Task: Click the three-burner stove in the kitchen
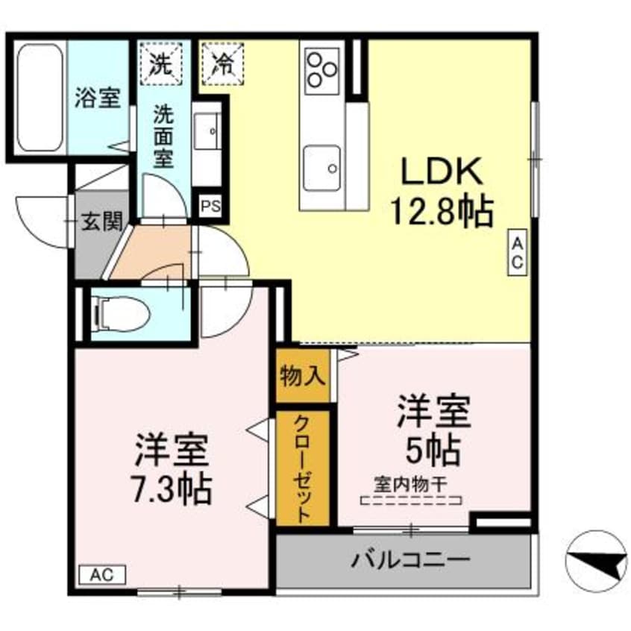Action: (322, 67)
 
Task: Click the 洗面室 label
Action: (164, 139)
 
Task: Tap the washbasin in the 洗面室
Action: (207, 134)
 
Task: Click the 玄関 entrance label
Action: (102, 222)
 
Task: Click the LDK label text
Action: (443, 174)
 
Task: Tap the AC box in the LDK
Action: (519, 253)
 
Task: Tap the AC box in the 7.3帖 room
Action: (102, 575)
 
